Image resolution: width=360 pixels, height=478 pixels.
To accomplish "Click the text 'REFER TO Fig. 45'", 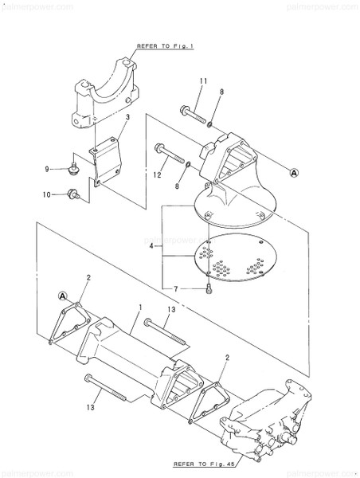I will pos(203,461).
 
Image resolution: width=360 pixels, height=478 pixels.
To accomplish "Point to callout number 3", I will pos(126,117).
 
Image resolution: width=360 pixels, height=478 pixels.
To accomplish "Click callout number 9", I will pos(47,168).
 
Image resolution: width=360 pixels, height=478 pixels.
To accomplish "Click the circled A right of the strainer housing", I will pos(293,171).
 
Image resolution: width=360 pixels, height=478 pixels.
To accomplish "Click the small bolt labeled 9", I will pos(74,168).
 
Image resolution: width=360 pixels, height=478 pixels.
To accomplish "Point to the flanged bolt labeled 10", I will pos(73,192).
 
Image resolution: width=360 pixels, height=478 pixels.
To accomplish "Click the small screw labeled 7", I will pos(207,290).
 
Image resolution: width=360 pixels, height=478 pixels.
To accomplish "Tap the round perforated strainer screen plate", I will pos(233,260).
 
